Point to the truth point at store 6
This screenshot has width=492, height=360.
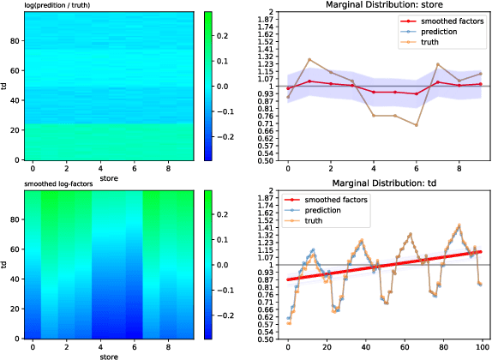click(x=417, y=125)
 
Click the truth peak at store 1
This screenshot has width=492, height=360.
click(x=309, y=60)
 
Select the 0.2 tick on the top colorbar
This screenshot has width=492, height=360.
click(x=221, y=36)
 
